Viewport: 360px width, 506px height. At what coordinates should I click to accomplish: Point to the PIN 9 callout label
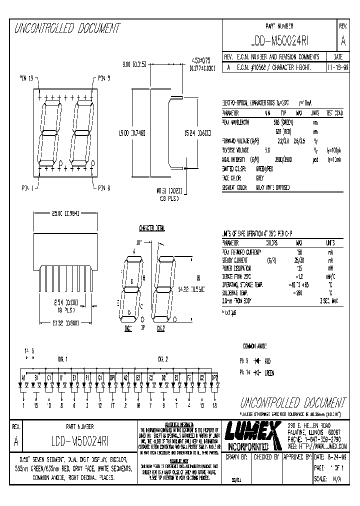click(x=104, y=78)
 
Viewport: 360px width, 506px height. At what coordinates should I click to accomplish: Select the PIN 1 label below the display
click(x=25, y=188)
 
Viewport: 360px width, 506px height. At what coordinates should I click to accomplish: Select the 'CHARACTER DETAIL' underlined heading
click(x=151, y=228)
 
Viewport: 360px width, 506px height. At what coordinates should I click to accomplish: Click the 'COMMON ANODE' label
click(x=256, y=345)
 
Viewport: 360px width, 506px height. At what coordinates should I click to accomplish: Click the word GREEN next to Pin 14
click(x=269, y=373)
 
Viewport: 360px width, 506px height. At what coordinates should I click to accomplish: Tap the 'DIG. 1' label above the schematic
click(x=62, y=358)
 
